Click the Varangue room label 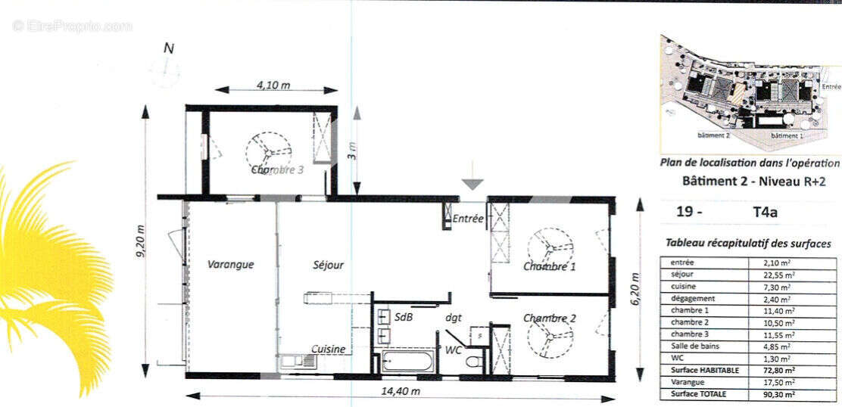[x=230, y=265]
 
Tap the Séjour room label [x=328, y=265]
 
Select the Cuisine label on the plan [x=329, y=349]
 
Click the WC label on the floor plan [x=454, y=350]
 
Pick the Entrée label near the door [x=468, y=219]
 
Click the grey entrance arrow [x=472, y=182]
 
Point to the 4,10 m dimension [x=273, y=85]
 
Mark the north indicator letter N [x=169, y=48]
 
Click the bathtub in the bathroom [x=406, y=361]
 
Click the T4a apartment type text [x=766, y=213]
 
